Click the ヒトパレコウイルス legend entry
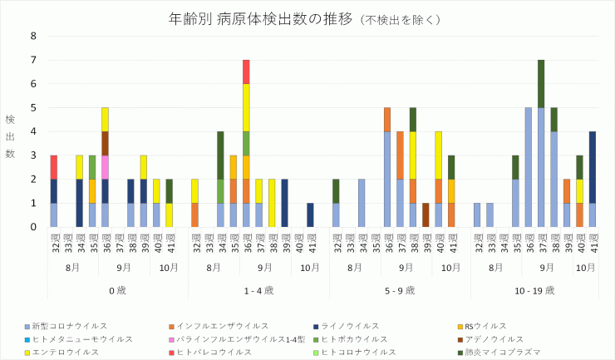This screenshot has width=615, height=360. point(219,352)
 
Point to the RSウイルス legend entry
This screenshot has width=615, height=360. point(485,326)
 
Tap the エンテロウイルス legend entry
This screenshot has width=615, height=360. point(67,352)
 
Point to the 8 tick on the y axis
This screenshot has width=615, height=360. point(33,36)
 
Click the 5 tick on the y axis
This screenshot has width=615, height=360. point(33,107)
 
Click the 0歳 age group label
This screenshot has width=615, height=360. point(117,289)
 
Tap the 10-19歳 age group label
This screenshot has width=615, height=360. point(540,289)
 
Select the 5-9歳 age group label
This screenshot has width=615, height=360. point(399,289)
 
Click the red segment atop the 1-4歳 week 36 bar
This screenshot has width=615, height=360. point(246,72)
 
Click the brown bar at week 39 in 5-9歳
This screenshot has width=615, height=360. point(426,215)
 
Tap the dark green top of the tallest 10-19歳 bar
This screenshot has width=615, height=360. point(541,83)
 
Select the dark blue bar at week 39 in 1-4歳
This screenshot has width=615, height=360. point(284,202)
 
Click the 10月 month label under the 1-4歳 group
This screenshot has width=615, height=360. point(310,267)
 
